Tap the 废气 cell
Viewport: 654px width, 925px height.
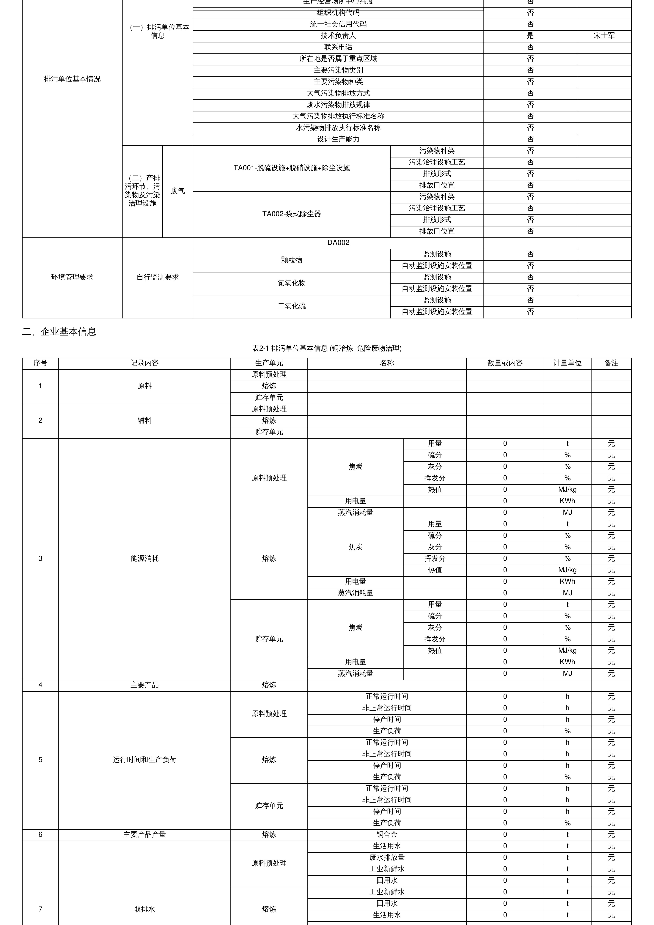point(178,191)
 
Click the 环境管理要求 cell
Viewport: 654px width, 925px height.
point(72,277)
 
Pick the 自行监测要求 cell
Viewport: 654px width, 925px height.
point(158,277)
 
